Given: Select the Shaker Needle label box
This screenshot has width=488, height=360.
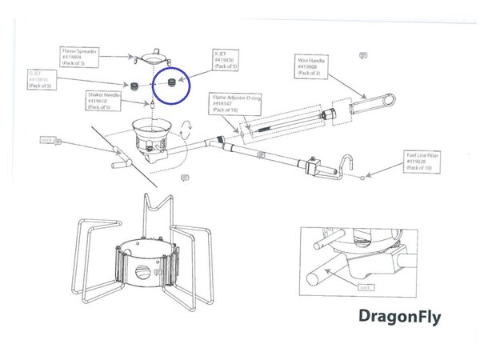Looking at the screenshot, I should pyautogui.click(x=106, y=101).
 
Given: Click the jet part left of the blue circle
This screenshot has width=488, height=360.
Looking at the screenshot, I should pyautogui.click(x=135, y=84).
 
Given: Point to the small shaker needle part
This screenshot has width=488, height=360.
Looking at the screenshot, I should pyautogui.click(x=152, y=104).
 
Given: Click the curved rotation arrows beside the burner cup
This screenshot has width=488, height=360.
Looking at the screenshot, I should pyautogui.click(x=187, y=129).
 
